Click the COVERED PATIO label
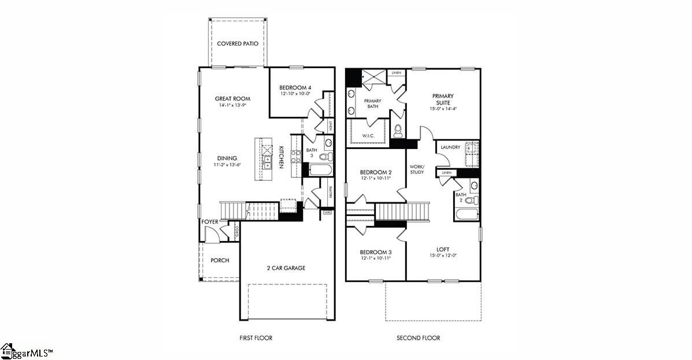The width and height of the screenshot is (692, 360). (x=237, y=43)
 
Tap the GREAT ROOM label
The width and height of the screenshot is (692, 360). (x=232, y=99)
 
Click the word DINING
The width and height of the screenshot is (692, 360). (x=227, y=158)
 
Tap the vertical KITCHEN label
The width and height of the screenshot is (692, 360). (x=282, y=157)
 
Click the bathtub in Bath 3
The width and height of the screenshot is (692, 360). (x=320, y=170)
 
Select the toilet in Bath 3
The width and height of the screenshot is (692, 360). (x=325, y=157)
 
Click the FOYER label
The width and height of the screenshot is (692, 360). (x=209, y=222)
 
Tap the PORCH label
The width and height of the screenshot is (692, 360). (x=220, y=261)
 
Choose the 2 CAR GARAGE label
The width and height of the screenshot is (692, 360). (x=286, y=268)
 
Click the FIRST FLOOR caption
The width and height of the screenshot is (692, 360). (x=256, y=338)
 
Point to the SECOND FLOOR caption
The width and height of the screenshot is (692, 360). (x=418, y=338)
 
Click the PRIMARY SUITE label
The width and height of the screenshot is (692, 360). (x=443, y=99)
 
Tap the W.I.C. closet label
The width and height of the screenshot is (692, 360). (x=368, y=136)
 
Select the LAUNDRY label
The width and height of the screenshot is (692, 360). (x=450, y=147)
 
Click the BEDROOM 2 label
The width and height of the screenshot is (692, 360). (x=376, y=172)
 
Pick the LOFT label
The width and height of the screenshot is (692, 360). (x=443, y=250)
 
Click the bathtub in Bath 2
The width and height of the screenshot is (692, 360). (x=467, y=216)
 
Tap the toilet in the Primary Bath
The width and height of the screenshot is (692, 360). (x=398, y=132)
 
